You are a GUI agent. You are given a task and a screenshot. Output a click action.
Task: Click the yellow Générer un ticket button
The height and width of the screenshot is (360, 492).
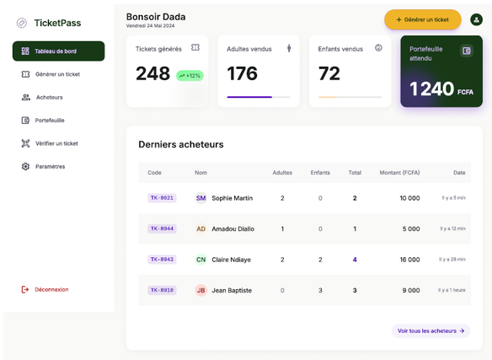click(x=423, y=19)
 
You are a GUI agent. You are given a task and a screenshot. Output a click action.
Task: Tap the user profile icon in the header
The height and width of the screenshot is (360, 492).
click(x=476, y=19)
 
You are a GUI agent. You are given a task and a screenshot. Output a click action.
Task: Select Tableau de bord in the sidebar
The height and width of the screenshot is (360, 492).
click(x=59, y=51)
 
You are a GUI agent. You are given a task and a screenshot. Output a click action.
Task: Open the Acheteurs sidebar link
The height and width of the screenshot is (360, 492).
click(x=49, y=98)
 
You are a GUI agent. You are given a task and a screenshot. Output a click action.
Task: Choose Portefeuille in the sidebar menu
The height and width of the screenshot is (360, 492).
click(x=50, y=121)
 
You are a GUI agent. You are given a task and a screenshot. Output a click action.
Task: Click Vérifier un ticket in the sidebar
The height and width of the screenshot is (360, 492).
click(x=56, y=143)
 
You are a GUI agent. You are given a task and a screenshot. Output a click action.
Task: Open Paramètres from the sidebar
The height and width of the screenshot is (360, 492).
click(x=51, y=166)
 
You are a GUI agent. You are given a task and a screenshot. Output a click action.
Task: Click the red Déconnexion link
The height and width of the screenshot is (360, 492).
click(x=51, y=289)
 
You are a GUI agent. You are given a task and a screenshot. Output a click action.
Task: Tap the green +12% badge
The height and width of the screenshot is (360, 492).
click(x=190, y=76)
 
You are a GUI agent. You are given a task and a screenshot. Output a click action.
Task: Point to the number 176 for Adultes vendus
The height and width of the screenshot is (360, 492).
click(x=243, y=73)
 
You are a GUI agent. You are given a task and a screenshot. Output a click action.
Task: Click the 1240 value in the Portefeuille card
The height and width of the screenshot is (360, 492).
click(x=431, y=89)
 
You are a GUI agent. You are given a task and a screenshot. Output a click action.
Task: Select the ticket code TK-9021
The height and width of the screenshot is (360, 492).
click(x=162, y=198)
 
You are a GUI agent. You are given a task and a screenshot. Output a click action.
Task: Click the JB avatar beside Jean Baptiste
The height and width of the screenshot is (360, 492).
click(x=201, y=290)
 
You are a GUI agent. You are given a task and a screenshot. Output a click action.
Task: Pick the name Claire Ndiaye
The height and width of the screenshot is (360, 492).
click(x=231, y=260)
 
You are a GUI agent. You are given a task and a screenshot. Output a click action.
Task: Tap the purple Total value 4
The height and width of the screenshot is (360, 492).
click(x=355, y=260)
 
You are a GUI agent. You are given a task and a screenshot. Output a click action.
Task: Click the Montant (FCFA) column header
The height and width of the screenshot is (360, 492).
click(x=399, y=173)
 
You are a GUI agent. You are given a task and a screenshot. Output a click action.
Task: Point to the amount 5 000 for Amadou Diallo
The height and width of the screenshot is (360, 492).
click(x=411, y=228)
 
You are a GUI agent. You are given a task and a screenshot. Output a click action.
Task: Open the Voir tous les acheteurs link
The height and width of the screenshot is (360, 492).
click(x=430, y=330)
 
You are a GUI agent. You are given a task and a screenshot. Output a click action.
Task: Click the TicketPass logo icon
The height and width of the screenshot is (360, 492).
click(x=22, y=23)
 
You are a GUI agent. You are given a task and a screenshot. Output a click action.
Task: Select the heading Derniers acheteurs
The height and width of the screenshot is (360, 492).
click(x=181, y=144)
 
